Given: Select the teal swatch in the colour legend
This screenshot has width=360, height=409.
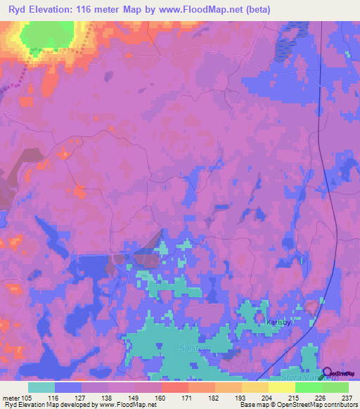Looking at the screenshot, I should tap(41, 387).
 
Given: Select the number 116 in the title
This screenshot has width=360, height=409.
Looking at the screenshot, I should tap(90, 9).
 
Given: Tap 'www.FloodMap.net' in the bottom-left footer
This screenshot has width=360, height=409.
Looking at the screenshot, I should tap(124, 405).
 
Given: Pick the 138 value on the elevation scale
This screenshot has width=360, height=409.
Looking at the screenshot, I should tap(109, 398).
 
